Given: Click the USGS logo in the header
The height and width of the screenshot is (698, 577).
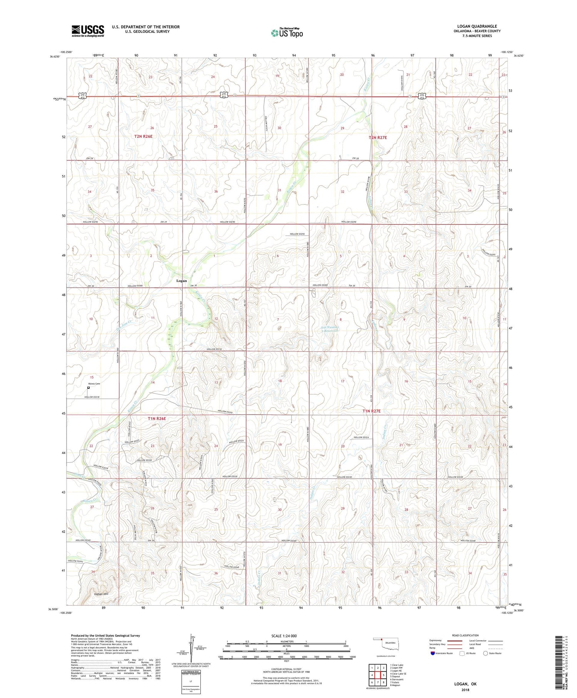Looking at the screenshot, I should click(x=87, y=31).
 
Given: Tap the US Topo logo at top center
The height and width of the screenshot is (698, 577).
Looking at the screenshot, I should click(x=287, y=33).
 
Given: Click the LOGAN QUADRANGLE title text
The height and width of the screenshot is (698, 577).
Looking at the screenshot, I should click(x=477, y=26).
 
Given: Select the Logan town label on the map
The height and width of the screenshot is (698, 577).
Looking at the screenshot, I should click(x=182, y=281).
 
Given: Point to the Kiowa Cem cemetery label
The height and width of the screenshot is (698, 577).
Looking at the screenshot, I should click(x=92, y=384).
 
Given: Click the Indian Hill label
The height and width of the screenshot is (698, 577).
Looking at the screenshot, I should click(x=101, y=594).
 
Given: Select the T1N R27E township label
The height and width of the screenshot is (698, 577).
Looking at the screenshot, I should click(x=371, y=411).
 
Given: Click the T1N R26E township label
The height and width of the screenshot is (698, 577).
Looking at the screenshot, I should click(x=157, y=418).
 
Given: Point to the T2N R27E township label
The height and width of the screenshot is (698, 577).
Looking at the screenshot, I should click(x=378, y=137).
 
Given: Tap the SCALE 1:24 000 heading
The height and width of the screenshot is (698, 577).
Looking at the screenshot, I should click(x=287, y=636).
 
